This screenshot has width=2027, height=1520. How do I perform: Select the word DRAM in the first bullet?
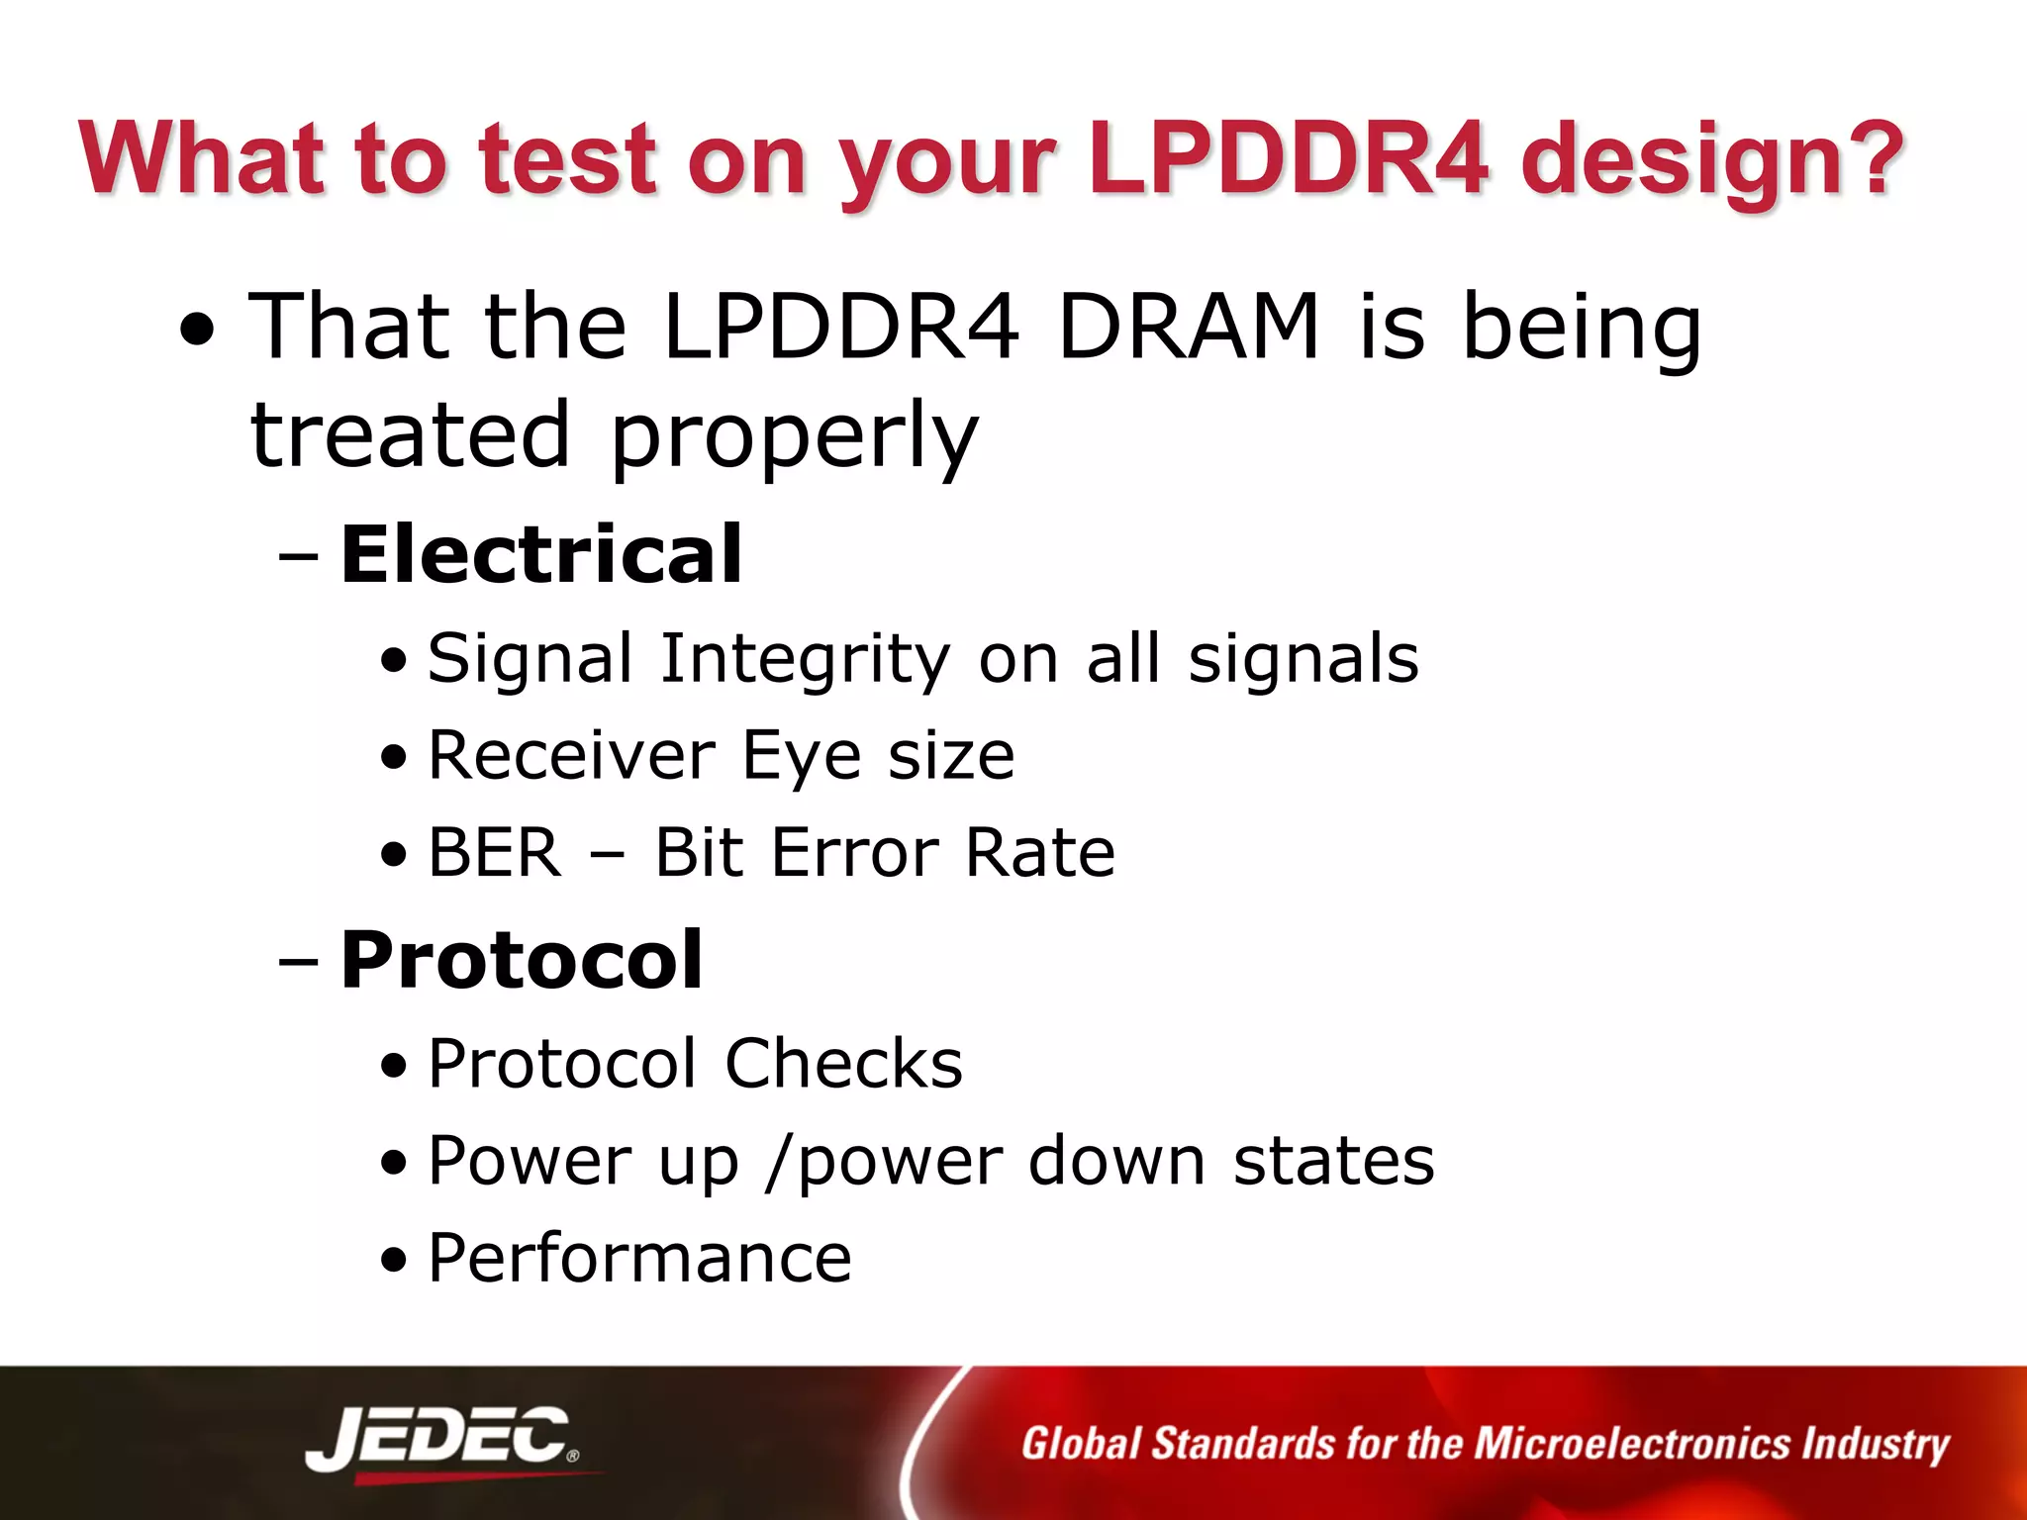click(1188, 327)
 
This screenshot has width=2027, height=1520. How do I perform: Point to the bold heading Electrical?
click(540, 554)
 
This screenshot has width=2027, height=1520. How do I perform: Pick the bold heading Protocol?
click(522, 960)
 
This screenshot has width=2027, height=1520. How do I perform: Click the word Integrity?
click(805, 659)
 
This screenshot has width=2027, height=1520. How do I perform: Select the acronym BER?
click(495, 853)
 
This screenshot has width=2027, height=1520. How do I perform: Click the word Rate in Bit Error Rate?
click(1039, 853)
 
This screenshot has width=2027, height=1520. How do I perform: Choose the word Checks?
click(843, 1064)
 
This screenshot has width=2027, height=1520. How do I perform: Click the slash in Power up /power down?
click(779, 1162)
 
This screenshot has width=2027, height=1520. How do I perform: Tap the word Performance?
click(639, 1259)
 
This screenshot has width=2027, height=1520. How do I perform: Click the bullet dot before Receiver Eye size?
click(394, 758)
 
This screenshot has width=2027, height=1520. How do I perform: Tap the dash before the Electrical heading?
click(298, 556)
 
